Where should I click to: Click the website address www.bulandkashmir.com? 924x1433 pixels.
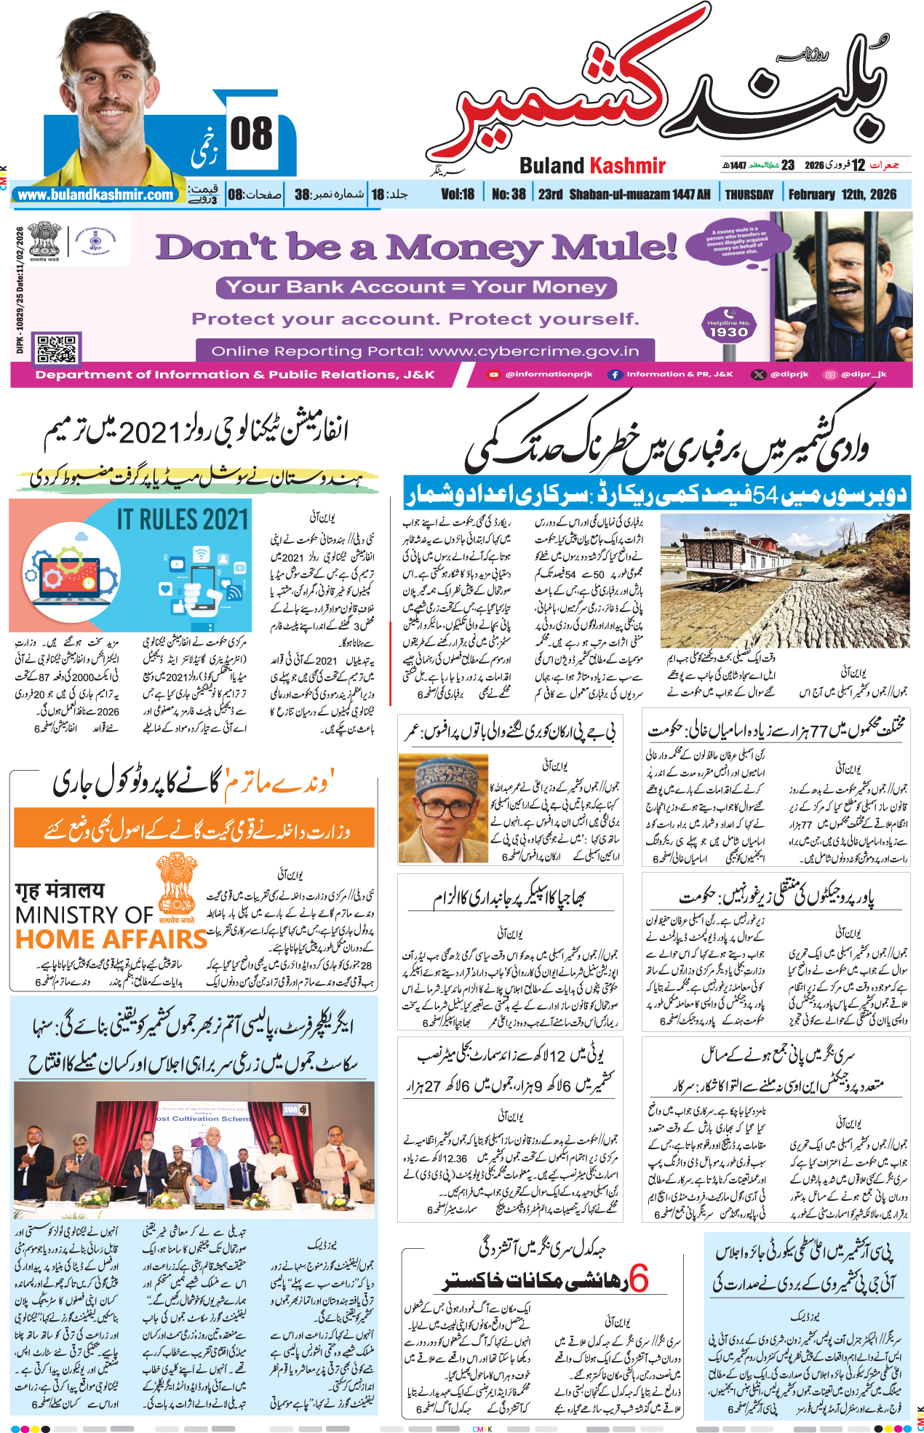pos(96,195)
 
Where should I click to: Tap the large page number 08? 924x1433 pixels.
pos(251,135)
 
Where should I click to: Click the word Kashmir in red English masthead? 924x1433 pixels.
pos(629,166)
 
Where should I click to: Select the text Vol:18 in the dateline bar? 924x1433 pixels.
pos(458,194)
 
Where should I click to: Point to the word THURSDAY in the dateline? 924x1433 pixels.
pos(749,194)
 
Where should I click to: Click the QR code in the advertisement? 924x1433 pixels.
pos(57,349)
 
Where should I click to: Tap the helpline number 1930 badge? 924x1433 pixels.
pos(728,329)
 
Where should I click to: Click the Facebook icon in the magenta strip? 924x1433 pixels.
pos(615,374)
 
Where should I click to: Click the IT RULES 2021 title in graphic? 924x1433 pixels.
pos(183,519)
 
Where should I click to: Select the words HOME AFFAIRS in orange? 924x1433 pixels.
pos(111,939)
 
